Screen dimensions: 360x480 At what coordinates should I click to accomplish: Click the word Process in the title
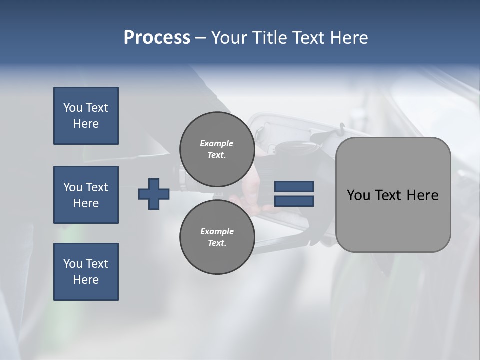coord(157,38)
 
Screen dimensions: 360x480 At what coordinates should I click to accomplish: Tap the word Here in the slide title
coord(349,38)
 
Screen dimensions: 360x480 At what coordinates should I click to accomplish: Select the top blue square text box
coord(86,116)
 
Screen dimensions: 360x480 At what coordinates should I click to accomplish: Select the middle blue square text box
coord(86,195)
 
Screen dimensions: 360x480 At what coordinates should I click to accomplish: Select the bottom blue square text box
coord(86,272)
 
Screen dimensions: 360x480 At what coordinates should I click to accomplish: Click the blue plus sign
coord(154,194)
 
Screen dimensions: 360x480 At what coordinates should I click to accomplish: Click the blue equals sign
coord(294,194)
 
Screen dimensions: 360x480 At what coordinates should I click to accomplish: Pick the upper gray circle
coord(217,149)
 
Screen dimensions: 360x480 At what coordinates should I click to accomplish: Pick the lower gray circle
coord(217,237)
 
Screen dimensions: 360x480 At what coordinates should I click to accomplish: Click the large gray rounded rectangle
coord(393,195)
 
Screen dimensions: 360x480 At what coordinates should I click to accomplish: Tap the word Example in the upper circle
coord(216,143)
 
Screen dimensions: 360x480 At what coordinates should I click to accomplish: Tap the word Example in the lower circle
coord(217,231)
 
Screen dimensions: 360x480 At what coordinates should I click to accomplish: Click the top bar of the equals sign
coord(294,186)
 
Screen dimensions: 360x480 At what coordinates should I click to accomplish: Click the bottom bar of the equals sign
coord(294,201)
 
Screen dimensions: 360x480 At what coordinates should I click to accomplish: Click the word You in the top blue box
coord(73,108)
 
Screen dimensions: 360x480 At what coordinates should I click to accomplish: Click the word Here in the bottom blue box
coord(86,280)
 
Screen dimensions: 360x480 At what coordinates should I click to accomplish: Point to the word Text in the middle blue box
coord(97,187)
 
